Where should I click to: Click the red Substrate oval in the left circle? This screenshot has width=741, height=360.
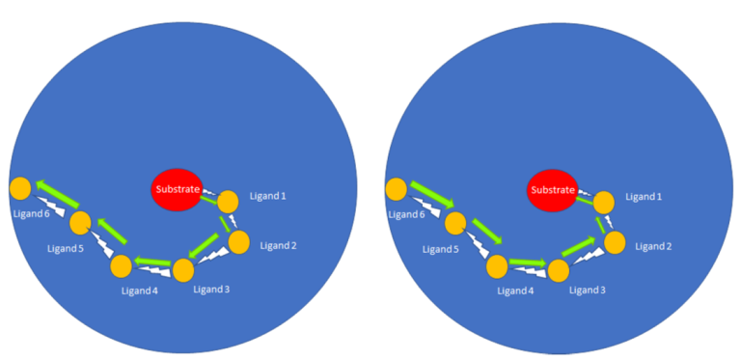[177, 189]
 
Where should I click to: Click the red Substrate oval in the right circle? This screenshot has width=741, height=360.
[553, 189]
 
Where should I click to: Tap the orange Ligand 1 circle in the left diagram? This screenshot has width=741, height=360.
[228, 202]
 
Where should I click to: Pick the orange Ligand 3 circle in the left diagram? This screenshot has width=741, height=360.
[182, 269]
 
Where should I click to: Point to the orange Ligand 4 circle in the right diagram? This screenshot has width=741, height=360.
[497, 265]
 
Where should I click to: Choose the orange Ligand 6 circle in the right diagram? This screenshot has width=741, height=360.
[397, 187]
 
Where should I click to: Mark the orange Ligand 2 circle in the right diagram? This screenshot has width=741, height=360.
[615, 241]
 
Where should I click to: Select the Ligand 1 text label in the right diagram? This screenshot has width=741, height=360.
[644, 197]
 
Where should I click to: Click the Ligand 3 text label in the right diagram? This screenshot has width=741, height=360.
[587, 290]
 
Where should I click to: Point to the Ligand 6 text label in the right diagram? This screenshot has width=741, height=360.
[409, 213]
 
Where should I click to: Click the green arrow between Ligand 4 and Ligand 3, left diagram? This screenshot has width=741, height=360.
[151, 261]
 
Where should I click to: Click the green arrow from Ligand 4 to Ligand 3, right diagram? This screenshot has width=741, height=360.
[528, 262]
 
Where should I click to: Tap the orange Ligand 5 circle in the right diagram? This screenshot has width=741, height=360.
[456, 224]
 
